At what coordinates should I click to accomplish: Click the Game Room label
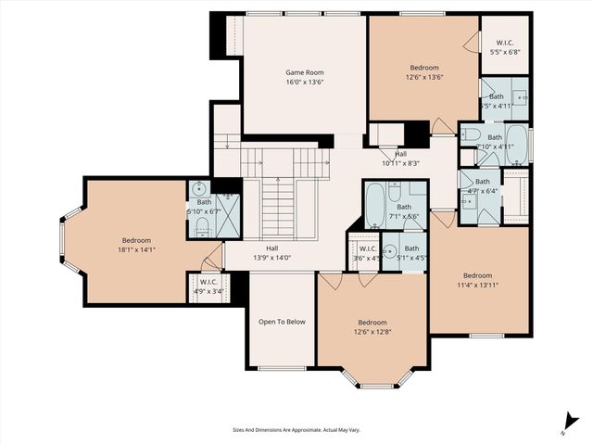304,71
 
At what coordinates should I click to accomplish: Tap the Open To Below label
282,322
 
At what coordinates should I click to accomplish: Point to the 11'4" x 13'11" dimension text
477,286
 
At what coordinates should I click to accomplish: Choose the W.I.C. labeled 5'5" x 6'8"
505,53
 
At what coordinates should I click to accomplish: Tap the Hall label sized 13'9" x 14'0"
271,258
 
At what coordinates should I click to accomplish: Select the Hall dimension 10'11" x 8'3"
400,163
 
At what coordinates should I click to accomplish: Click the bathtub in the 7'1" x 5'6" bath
374,207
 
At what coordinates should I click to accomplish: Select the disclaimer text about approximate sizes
295,429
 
